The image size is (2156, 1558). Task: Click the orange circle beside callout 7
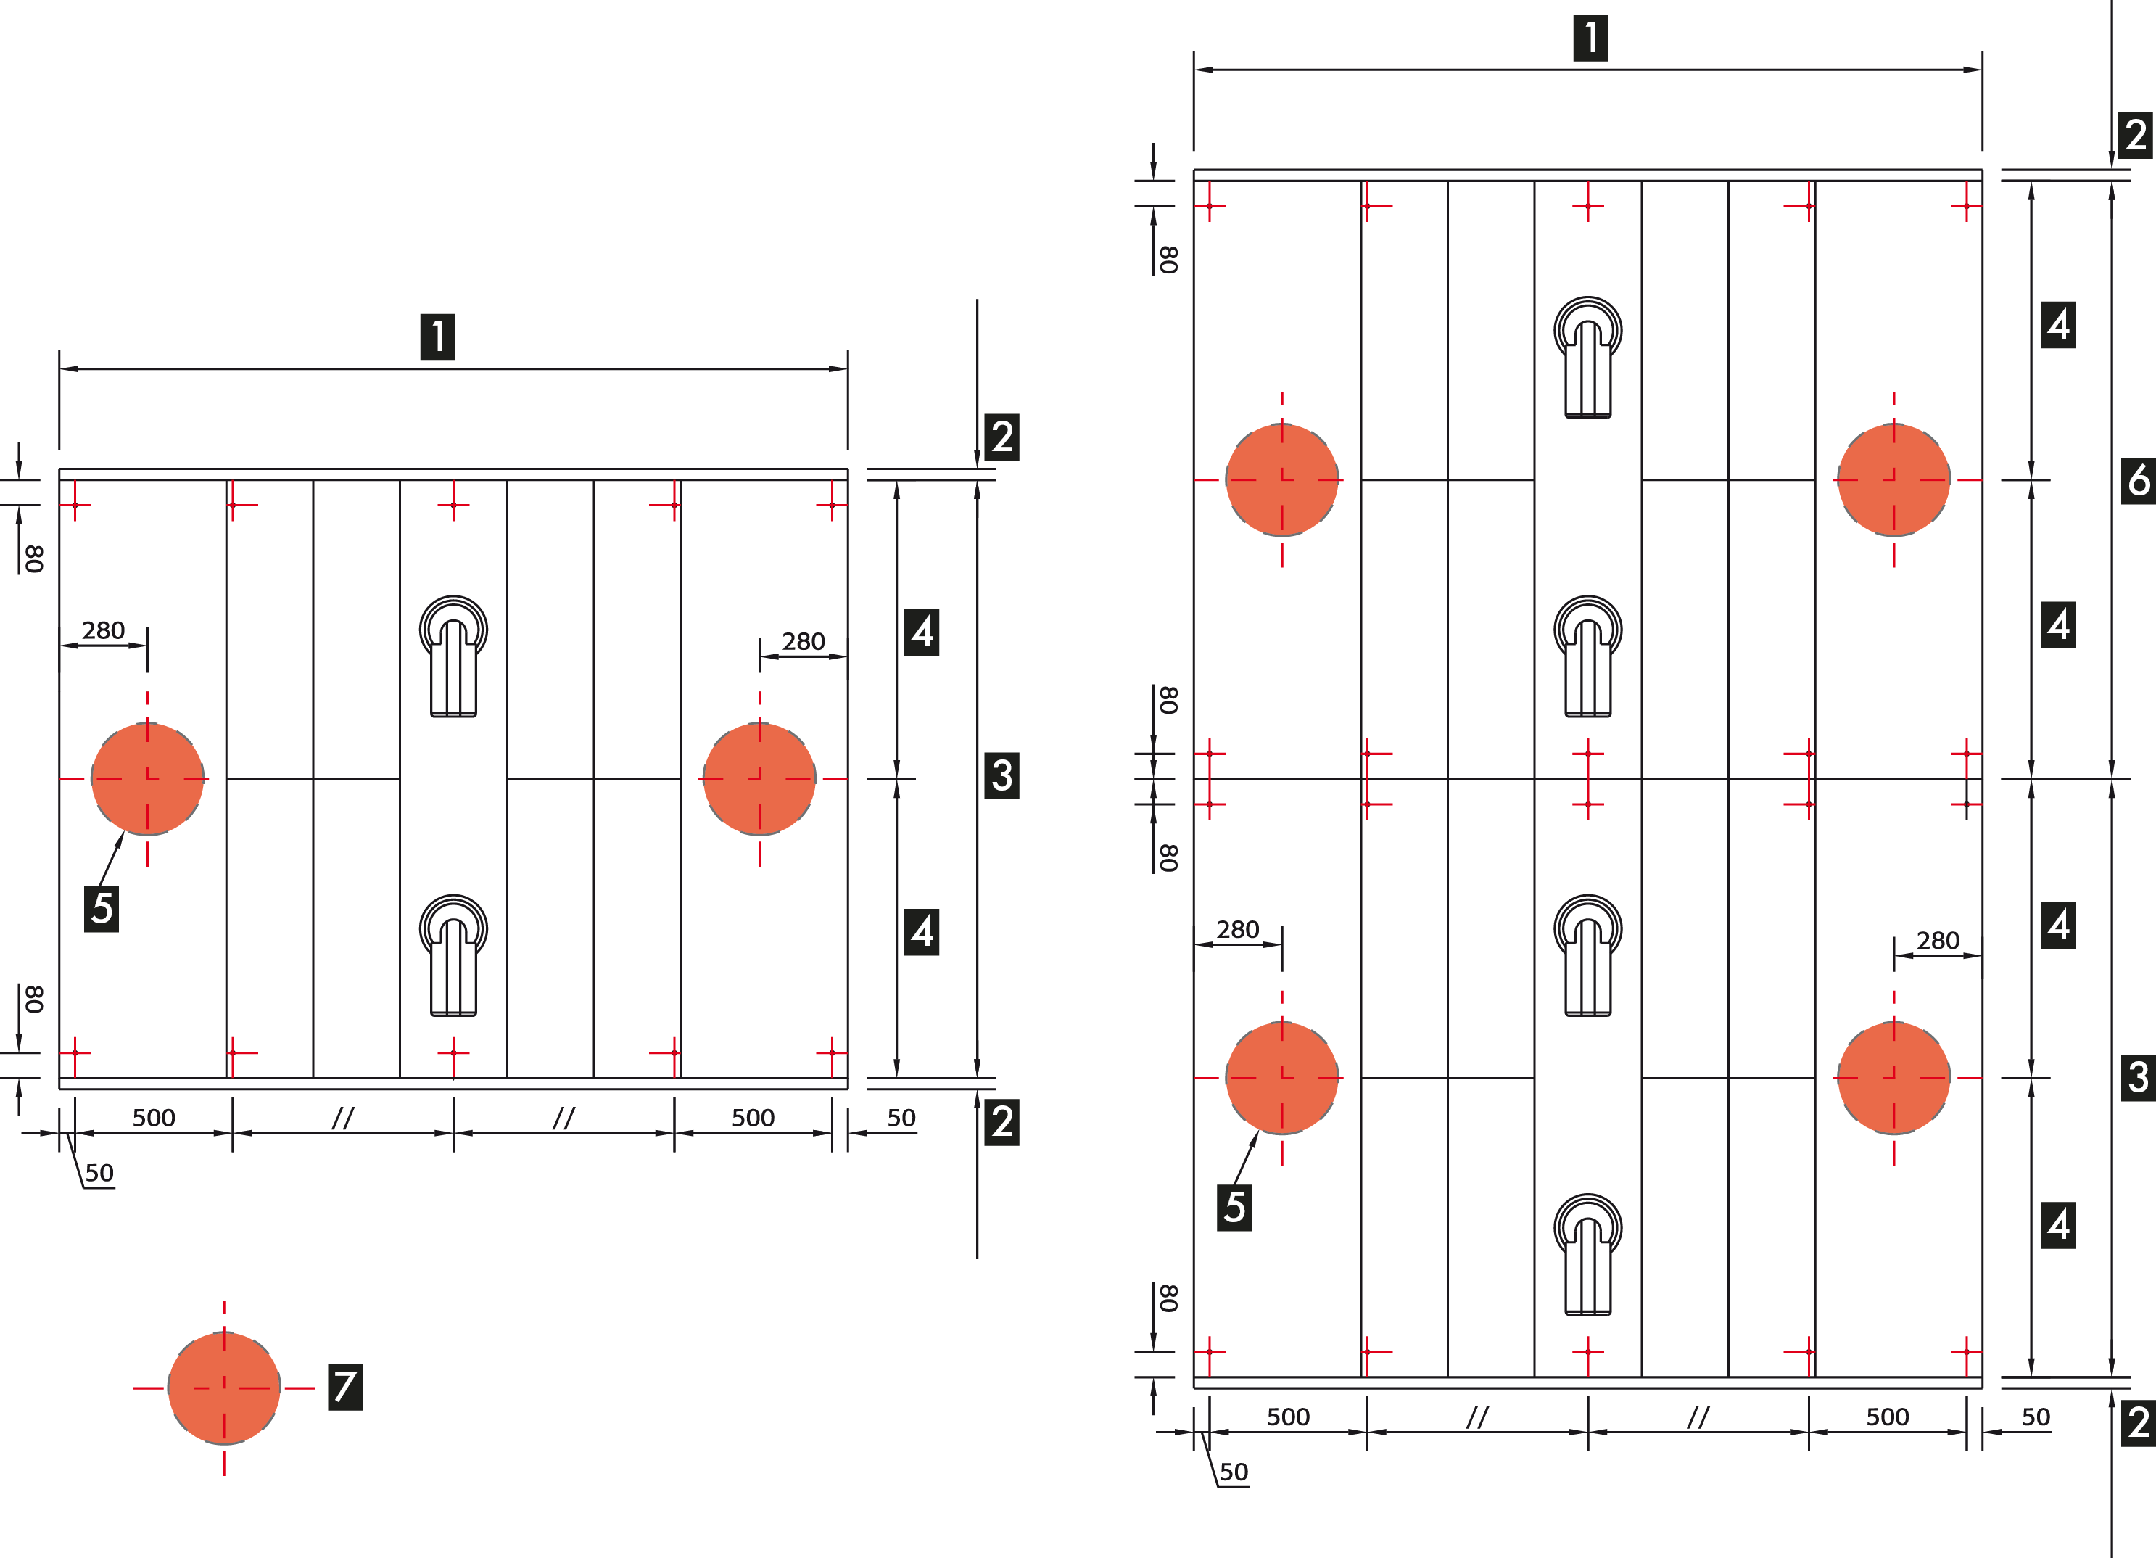pos(223,1387)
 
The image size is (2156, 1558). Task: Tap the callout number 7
pos(345,1386)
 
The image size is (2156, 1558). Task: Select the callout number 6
pos(2138,481)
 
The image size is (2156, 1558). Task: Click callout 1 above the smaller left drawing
pos(437,337)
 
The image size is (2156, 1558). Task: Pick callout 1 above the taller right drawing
pos(1590,38)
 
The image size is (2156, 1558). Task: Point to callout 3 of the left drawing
pos(1002,775)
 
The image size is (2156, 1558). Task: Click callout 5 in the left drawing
pos(102,908)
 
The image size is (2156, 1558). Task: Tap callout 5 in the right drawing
pos(1234,1207)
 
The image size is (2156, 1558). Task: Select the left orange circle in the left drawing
pos(147,778)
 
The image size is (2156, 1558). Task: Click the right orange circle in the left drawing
pos(759,778)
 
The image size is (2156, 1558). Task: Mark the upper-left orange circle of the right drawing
pos(1281,480)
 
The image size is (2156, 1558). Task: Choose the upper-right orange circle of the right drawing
pos(1893,480)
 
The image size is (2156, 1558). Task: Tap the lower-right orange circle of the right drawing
pos(1893,1078)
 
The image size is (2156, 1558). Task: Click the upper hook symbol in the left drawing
pos(453,656)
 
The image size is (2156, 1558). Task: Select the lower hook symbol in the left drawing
pos(453,955)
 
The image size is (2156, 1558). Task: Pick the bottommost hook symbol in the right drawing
pos(1587,1255)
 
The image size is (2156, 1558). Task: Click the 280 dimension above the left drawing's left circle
pos(103,630)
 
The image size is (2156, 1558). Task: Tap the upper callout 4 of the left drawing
pos(921,631)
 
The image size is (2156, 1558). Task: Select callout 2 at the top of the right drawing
pos(2135,135)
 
